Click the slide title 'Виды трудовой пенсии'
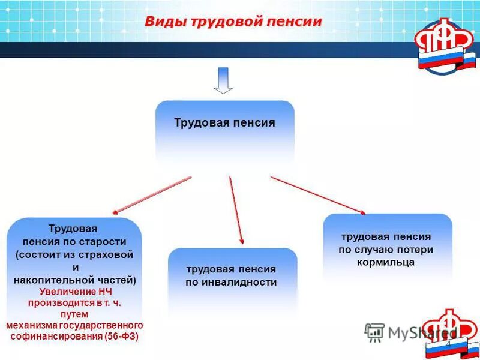(x=233, y=22)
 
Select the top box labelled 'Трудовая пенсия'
(x=225, y=123)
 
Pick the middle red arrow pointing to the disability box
(x=235, y=209)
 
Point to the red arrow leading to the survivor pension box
(x=318, y=195)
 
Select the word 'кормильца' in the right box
(x=386, y=262)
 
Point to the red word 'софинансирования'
(x=56, y=336)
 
